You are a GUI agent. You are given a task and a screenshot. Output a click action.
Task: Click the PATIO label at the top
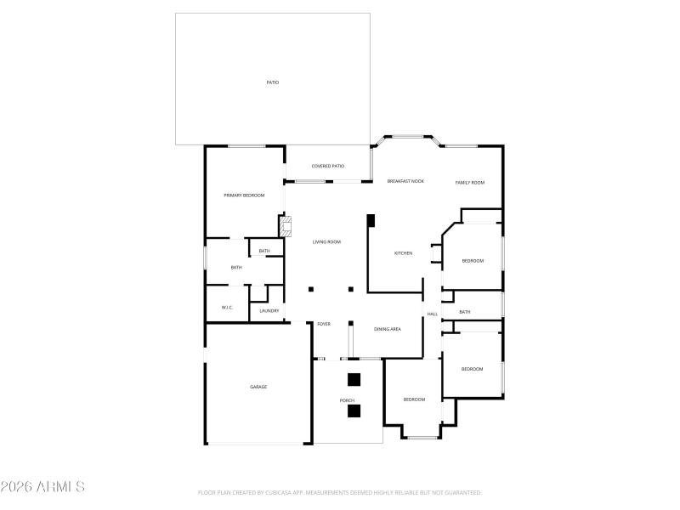pyautogui.click(x=272, y=82)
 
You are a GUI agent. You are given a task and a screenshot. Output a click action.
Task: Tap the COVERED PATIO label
pyautogui.click(x=327, y=166)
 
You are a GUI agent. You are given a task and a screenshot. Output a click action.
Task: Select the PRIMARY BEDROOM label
pyautogui.click(x=244, y=195)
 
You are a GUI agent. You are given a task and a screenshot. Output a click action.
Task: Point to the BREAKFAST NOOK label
pyautogui.click(x=405, y=182)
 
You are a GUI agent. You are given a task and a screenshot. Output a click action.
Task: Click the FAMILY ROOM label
pyautogui.click(x=469, y=183)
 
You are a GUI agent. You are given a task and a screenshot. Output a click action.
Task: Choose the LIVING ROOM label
pyautogui.click(x=326, y=242)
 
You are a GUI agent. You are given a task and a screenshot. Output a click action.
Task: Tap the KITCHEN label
pyautogui.click(x=403, y=253)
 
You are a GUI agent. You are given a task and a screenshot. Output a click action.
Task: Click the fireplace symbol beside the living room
pyautogui.click(x=286, y=226)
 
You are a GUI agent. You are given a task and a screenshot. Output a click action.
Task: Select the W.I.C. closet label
pyautogui.click(x=227, y=307)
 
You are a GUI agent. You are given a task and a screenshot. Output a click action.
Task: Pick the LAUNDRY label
pyautogui.click(x=269, y=311)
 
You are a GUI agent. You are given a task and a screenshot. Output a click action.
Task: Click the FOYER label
pyautogui.click(x=324, y=324)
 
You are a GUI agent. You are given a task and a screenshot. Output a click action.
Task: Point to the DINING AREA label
pyautogui.click(x=388, y=328)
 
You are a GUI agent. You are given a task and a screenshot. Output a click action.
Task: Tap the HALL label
pyautogui.click(x=432, y=314)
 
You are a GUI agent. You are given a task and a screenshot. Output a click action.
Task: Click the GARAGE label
pyautogui.click(x=258, y=387)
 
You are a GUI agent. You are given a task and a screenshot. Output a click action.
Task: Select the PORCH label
pyautogui.click(x=347, y=400)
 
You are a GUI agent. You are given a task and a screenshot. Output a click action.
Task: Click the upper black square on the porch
pyautogui.click(x=354, y=379)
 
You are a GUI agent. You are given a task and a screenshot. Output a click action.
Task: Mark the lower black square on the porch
pyautogui.click(x=354, y=411)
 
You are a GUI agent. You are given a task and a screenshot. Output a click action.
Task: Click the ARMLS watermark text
pyautogui.click(x=42, y=487)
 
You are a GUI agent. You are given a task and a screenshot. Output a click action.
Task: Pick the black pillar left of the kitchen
pyautogui.click(x=371, y=220)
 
